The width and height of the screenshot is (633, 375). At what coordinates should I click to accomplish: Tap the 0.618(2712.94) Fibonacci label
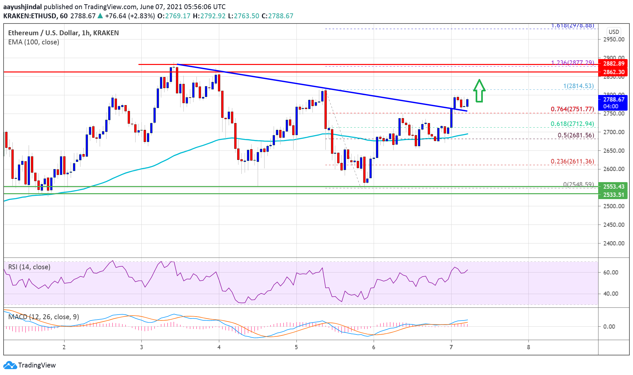tap(572, 124)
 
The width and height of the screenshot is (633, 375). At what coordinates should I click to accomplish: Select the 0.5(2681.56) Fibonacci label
tap(576, 135)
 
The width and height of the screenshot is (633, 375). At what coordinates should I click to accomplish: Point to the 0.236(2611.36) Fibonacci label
tap(572, 161)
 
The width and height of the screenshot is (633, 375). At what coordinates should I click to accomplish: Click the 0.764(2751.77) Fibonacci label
tap(572, 109)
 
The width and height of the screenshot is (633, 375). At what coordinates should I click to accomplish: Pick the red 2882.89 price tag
tap(613, 64)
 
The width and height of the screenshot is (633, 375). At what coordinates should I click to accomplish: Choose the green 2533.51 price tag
tap(613, 195)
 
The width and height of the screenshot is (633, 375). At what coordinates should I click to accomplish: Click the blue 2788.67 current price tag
tap(613, 100)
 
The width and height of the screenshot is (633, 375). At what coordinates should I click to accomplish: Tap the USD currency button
tap(613, 32)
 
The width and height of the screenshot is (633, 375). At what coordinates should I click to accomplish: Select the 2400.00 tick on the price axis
tap(613, 243)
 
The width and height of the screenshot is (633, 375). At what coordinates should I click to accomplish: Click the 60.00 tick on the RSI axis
tap(610, 272)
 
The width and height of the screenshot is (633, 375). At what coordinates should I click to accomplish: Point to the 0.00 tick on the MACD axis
tap(609, 326)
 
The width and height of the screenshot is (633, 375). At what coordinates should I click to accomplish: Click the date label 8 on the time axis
tap(528, 347)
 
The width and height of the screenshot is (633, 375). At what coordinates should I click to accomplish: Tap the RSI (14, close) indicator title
tap(29, 267)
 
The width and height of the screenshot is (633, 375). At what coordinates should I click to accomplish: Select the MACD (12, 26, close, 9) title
tap(44, 317)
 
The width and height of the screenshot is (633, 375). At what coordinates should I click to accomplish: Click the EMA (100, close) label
tap(34, 42)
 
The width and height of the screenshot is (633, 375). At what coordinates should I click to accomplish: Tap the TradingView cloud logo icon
tap(10, 365)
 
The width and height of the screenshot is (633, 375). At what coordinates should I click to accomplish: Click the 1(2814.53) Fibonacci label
tap(578, 86)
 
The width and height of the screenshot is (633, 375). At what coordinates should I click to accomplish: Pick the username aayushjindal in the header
tap(22, 7)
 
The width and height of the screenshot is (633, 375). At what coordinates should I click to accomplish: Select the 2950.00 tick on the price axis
tap(613, 39)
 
